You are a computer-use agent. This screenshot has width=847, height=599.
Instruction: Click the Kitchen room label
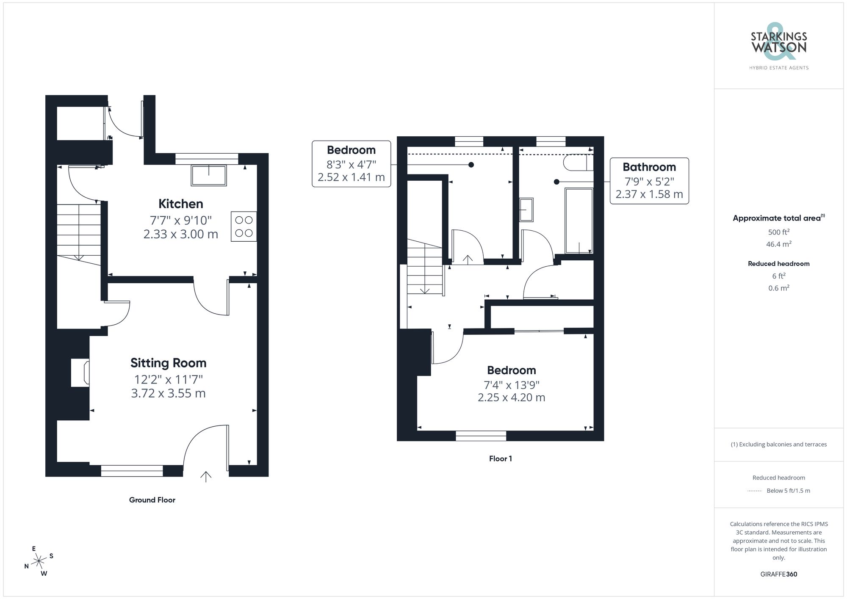[x=181, y=204]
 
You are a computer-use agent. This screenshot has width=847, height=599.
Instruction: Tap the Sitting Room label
[x=168, y=363]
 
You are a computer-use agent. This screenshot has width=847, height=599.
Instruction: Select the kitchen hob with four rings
[x=244, y=226]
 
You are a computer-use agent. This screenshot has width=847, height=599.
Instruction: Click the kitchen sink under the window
[x=209, y=175]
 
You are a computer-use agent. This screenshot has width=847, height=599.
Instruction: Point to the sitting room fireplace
[x=80, y=373]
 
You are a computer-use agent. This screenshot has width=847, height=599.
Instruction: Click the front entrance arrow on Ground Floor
[x=206, y=477]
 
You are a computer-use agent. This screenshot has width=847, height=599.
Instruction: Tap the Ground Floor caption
[x=152, y=500]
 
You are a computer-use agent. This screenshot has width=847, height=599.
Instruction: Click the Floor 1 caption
[x=500, y=458]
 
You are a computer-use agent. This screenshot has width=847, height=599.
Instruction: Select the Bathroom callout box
[x=649, y=181]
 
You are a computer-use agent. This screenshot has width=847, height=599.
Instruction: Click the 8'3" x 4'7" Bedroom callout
[x=351, y=164]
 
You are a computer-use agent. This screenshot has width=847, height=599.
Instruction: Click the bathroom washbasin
[x=526, y=210]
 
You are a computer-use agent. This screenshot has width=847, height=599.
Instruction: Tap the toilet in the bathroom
[x=578, y=163]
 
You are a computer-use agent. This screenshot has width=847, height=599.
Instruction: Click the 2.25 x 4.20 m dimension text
[x=511, y=397]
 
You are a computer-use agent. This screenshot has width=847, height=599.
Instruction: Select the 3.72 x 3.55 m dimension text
[x=168, y=393]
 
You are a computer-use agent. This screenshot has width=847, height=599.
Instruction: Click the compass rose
[x=39, y=561]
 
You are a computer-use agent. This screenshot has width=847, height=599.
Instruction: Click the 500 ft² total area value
[x=778, y=232]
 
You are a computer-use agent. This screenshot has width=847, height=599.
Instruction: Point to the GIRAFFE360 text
[x=778, y=574]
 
